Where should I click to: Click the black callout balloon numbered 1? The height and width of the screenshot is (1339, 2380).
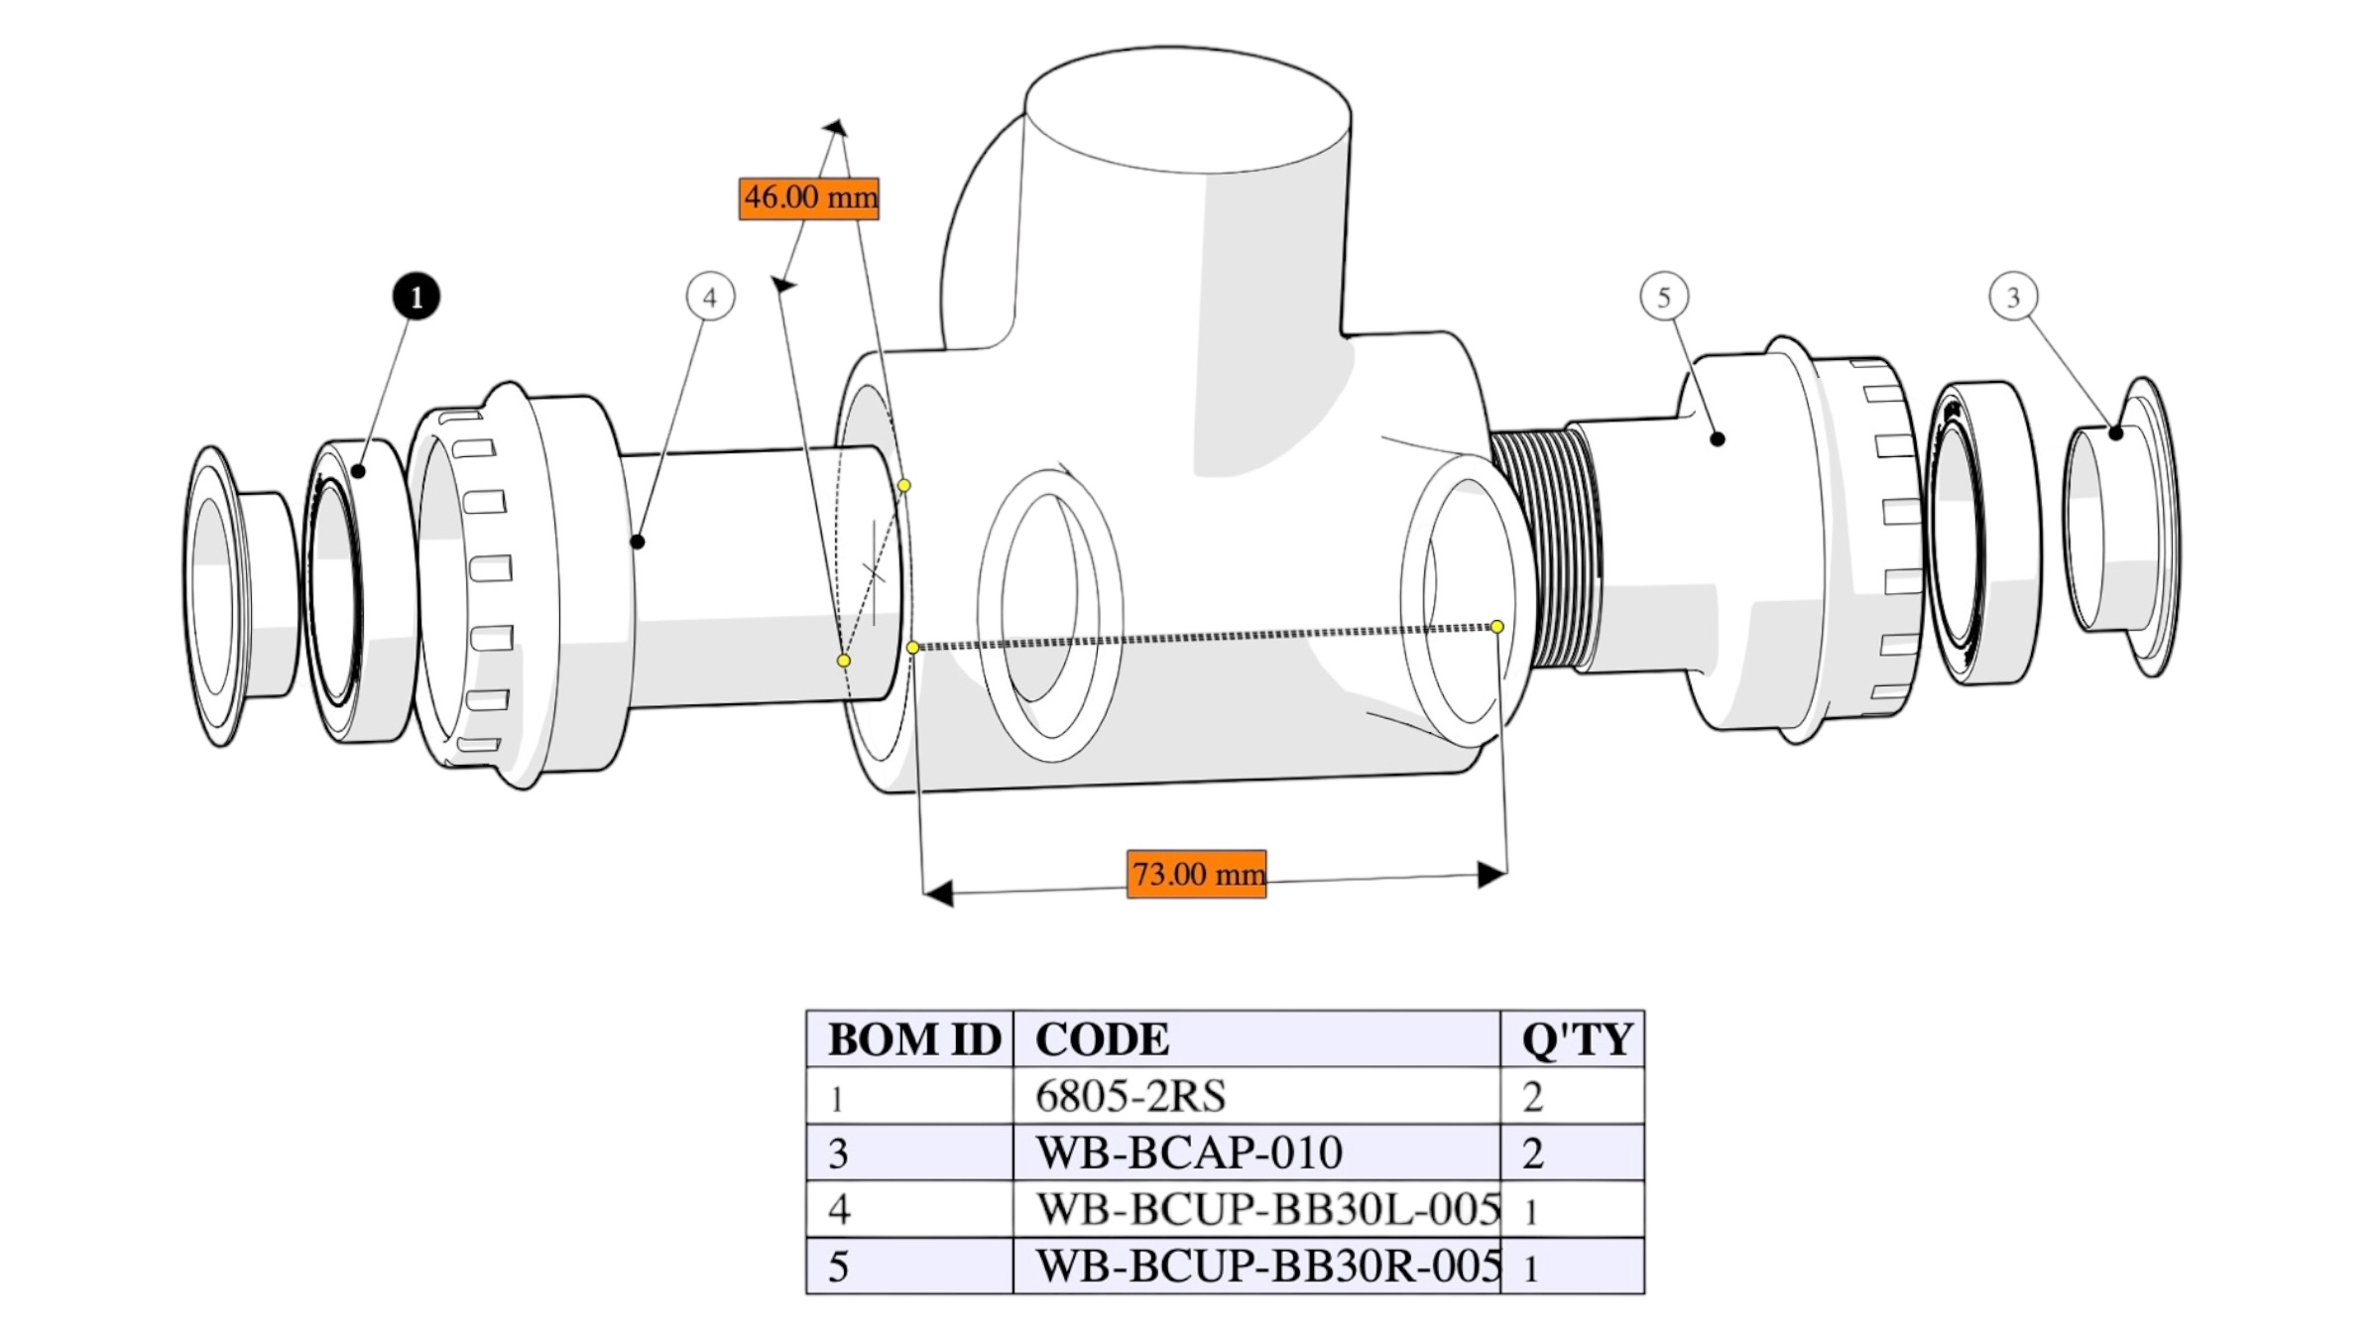[416, 297]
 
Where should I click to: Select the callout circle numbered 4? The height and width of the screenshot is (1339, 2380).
[710, 297]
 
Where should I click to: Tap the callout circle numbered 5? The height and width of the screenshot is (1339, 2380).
[1664, 296]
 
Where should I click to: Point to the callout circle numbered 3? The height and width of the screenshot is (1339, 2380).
[2013, 296]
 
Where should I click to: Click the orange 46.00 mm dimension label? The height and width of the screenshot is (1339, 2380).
[809, 198]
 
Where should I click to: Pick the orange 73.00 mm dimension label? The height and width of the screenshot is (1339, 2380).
[1197, 874]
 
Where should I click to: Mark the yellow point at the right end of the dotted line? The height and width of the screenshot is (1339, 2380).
[1497, 627]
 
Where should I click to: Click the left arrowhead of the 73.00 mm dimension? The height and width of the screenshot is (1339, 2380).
[938, 893]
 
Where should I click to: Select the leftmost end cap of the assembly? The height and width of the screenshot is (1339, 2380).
[241, 595]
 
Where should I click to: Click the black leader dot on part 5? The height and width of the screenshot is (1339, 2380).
[1718, 438]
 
